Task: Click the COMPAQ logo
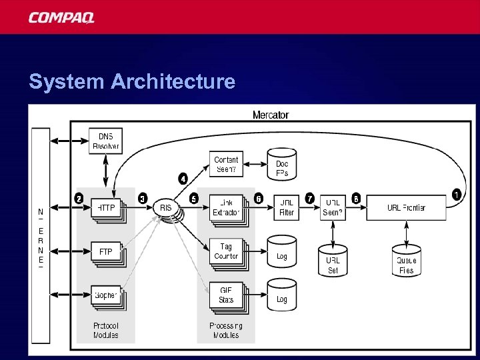click(x=61, y=17)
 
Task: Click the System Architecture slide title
click(x=132, y=81)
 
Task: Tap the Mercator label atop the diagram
click(x=271, y=115)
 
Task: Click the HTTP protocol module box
click(x=106, y=208)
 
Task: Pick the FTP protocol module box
click(x=106, y=252)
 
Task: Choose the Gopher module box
click(x=106, y=295)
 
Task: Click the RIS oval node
click(x=166, y=208)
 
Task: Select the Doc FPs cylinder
click(x=282, y=168)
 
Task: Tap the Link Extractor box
click(x=226, y=207)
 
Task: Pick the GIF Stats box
click(x=226, y=295)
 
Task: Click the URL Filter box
click(x=287, y=207)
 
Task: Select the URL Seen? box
click(x=333, y=207)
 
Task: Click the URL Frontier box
click(x=406, y=207)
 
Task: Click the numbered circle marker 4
click(x=183, y=178)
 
